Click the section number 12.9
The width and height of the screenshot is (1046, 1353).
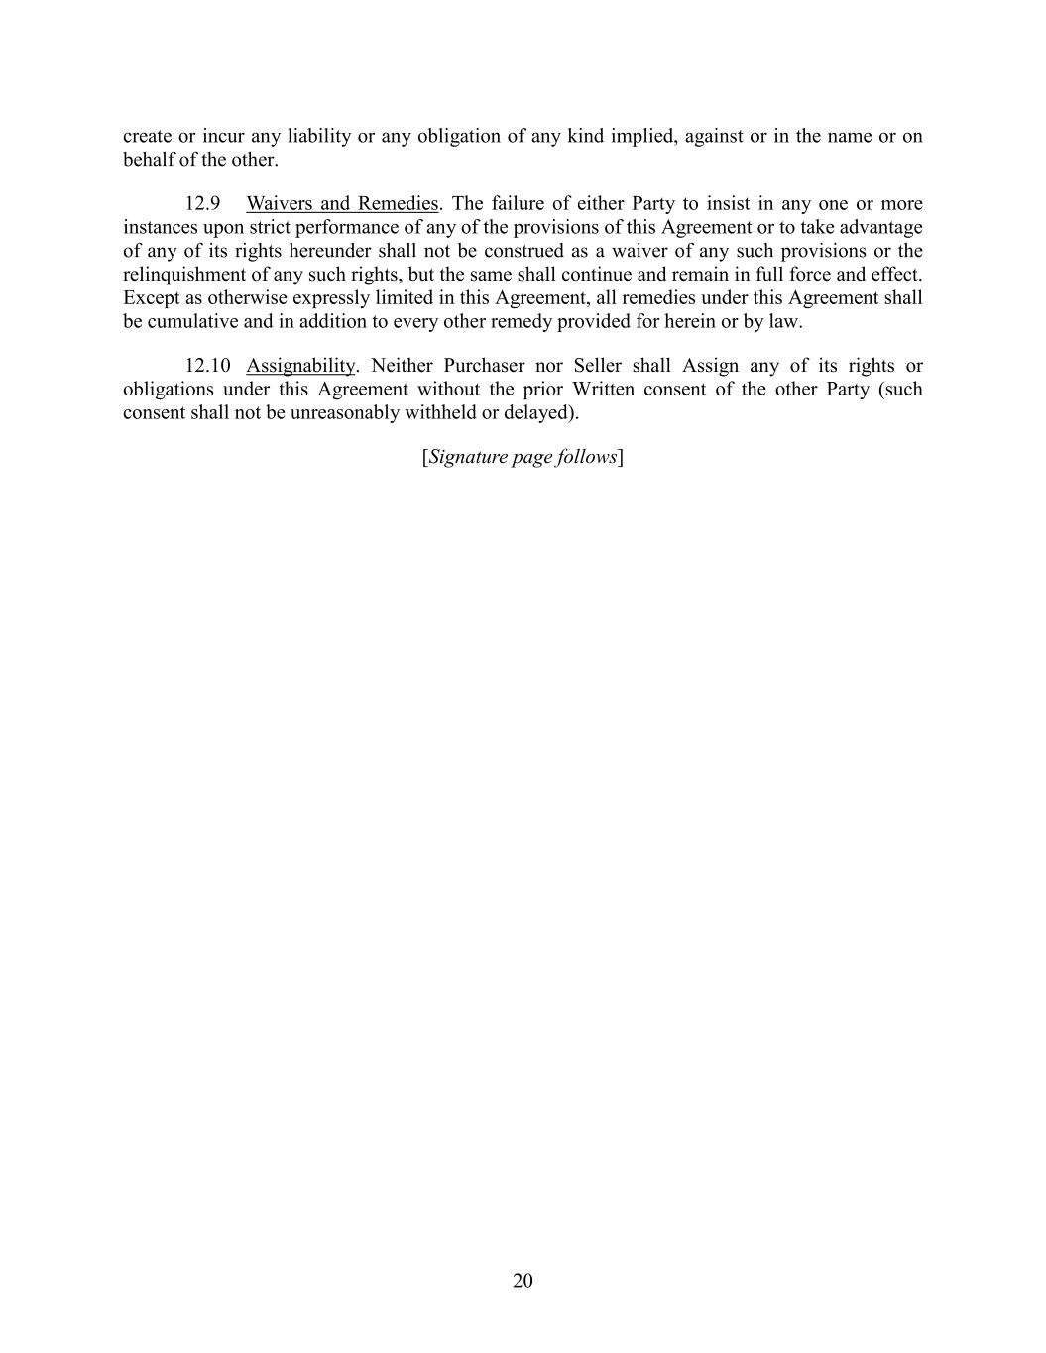coord(202,204)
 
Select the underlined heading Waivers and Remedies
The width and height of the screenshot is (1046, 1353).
coord(342,204)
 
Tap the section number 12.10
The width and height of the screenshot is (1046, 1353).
coord(207,366)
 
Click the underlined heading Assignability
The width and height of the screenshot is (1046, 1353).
coord(300,366)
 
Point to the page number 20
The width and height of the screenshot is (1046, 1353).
coord(523,1280)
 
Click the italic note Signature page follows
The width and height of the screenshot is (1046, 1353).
coord(523,457)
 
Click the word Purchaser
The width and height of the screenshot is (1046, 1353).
coord(484,366)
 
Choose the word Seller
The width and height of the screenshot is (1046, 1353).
coord(597,366)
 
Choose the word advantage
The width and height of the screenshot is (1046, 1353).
coord(880,227)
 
